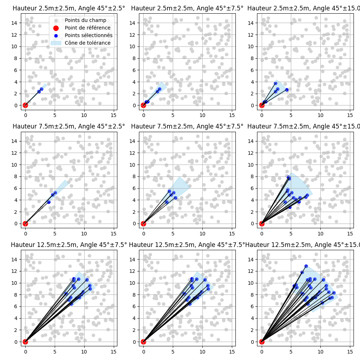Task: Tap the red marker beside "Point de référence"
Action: click(55, 28)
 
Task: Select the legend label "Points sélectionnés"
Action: click(89, 35)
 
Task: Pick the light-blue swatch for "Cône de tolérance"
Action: click(55, 43)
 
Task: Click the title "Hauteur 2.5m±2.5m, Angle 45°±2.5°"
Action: click(69, 8)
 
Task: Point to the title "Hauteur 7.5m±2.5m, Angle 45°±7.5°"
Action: click(187, 126)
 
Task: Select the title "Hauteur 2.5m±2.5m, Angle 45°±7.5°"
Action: click(187, 8)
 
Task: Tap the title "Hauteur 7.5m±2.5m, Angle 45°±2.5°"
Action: click(69, 126)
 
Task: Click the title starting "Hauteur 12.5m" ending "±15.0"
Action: click(302, 245)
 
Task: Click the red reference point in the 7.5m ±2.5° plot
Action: click(25, 224)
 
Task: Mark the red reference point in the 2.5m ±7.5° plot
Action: click(143, 105)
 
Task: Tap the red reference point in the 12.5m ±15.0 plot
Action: click(262, 342)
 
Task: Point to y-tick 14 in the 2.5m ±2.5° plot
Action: click(16, 23)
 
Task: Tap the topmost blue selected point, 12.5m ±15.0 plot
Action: click(306, 266)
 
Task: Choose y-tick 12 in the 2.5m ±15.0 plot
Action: click(252, 35)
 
